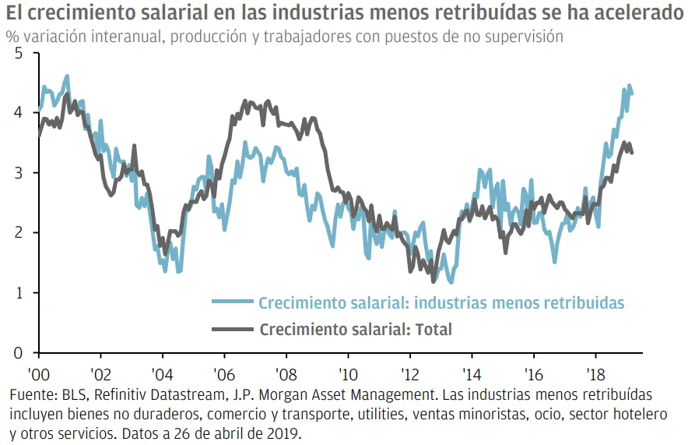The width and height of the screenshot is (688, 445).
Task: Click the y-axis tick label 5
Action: click(x=19, y=53)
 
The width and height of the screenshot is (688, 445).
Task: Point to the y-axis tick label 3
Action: click(x=19, y=173)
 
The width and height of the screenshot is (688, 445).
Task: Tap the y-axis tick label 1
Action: click(x=19, y=293)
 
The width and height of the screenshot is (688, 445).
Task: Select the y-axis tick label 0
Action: click(x=19, y=353)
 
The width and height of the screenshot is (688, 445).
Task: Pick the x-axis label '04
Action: click(x=162, y=373)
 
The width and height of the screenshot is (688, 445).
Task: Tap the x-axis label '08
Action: click(x=286, y=373)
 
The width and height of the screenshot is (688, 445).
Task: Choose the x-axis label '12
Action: click(x=410, y=373)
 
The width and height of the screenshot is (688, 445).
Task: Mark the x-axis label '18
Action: click(x=596, y=373)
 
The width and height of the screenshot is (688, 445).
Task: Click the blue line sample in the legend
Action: click(x=231, y=302)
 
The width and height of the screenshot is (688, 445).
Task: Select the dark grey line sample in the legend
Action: click(x=231, y=330)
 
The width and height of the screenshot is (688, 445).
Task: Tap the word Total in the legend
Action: click(x=434, y=330)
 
